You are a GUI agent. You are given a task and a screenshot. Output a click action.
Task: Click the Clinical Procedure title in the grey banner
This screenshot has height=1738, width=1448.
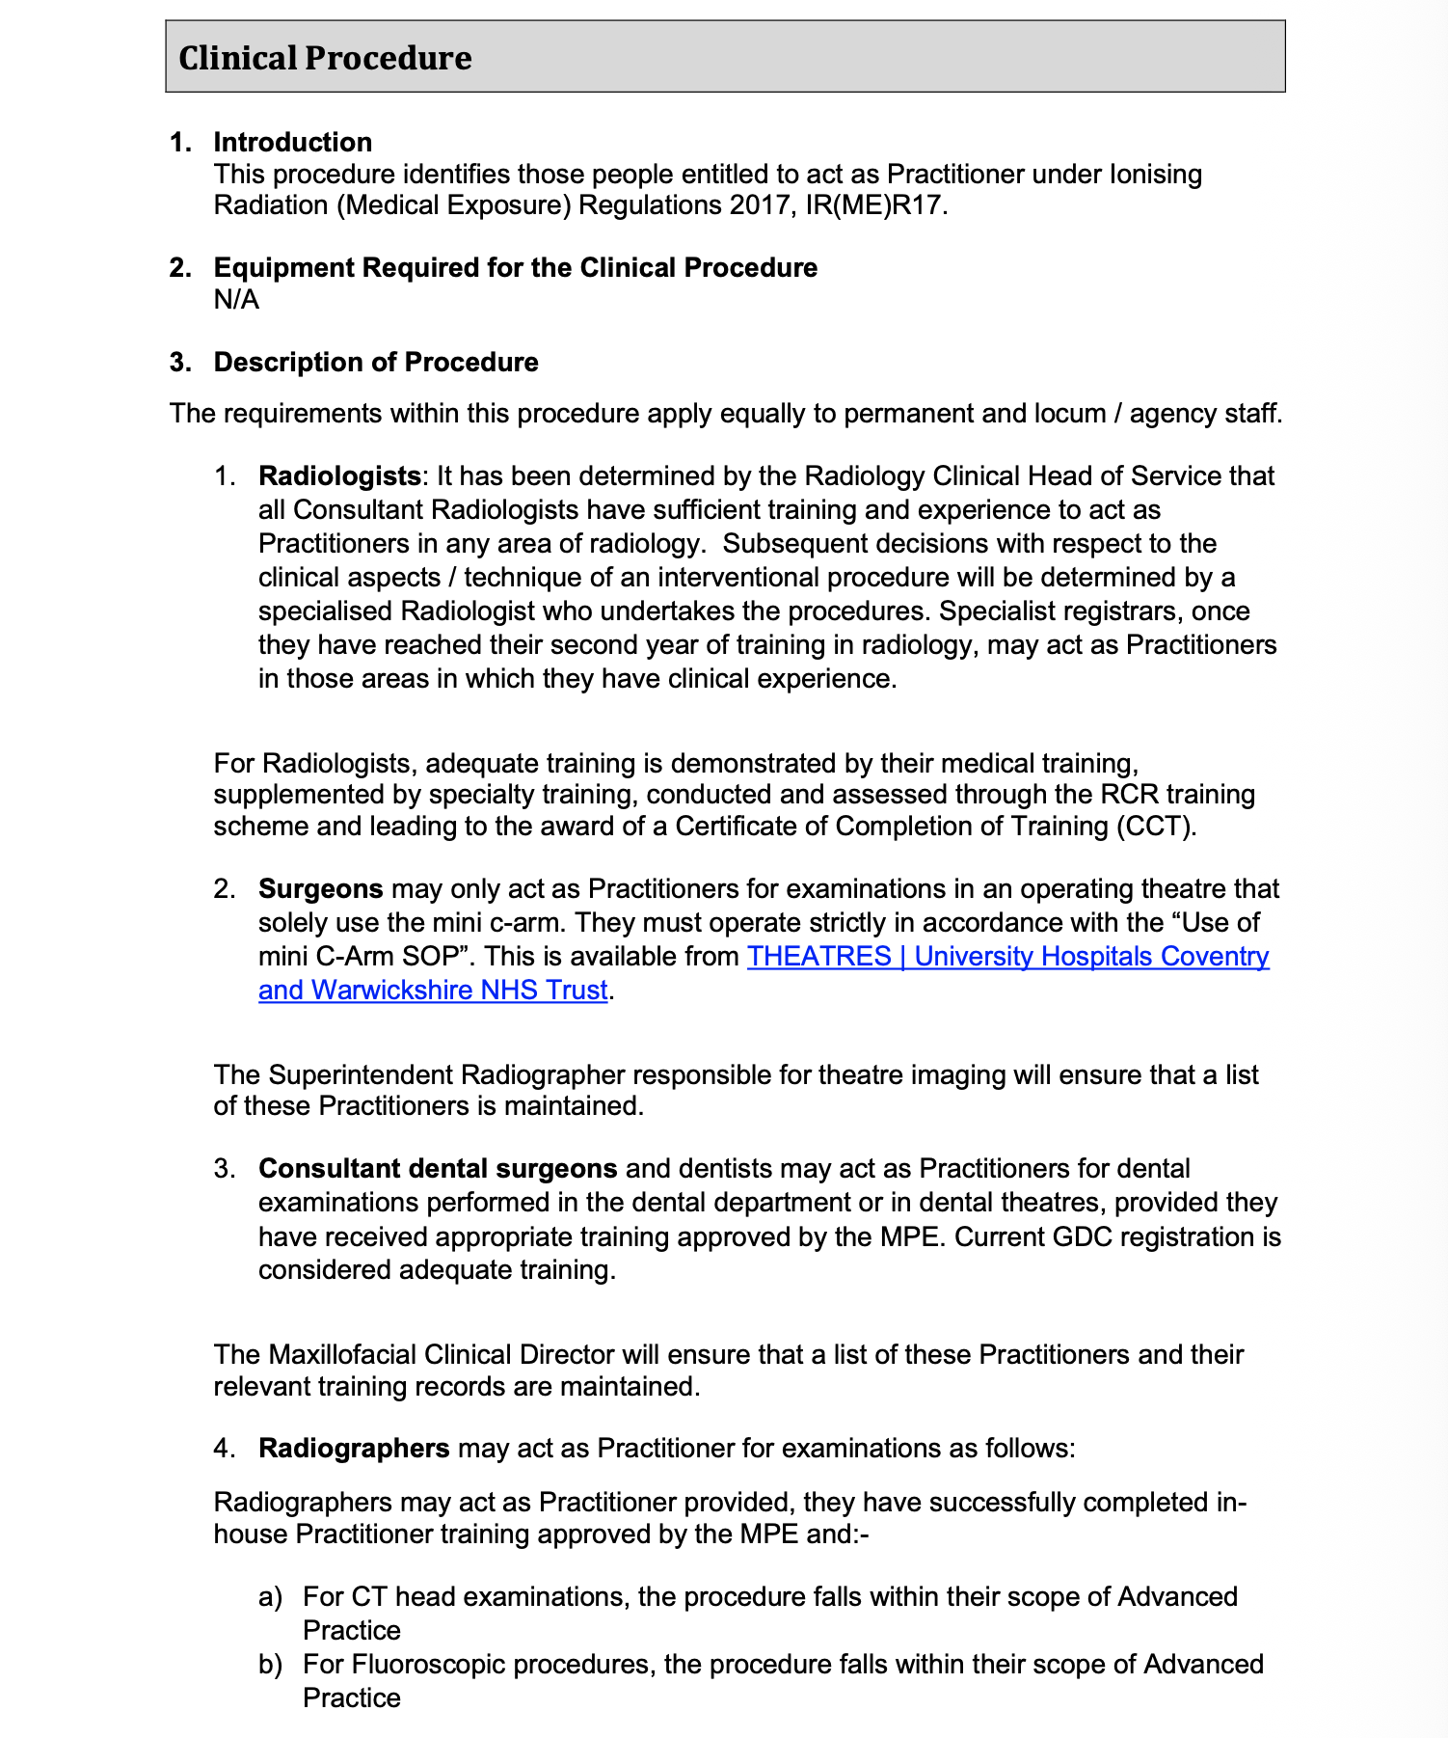tap(325, 58)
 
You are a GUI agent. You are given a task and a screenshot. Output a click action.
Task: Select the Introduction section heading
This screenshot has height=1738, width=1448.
tap(292, 142)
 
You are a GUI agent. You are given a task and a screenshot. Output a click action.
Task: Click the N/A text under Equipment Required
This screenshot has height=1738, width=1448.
tap(236, 299)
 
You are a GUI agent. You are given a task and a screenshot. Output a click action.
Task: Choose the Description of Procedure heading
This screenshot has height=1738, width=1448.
tap(376, 362)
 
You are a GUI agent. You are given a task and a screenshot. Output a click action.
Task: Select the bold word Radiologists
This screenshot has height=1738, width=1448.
tap(339, 476)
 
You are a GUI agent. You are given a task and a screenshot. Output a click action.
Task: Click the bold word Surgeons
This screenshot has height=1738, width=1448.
tap(321, 888)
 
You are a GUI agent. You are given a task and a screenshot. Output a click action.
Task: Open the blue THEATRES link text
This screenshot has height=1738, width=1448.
tap(819, 957)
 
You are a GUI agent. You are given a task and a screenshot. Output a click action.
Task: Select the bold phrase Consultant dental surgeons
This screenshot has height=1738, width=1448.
tap(438, 1169)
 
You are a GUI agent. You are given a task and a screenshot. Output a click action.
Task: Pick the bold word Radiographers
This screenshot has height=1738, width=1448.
tap(354, 1449)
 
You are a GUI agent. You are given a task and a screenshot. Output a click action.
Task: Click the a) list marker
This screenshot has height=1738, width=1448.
tap(270, 1597)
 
